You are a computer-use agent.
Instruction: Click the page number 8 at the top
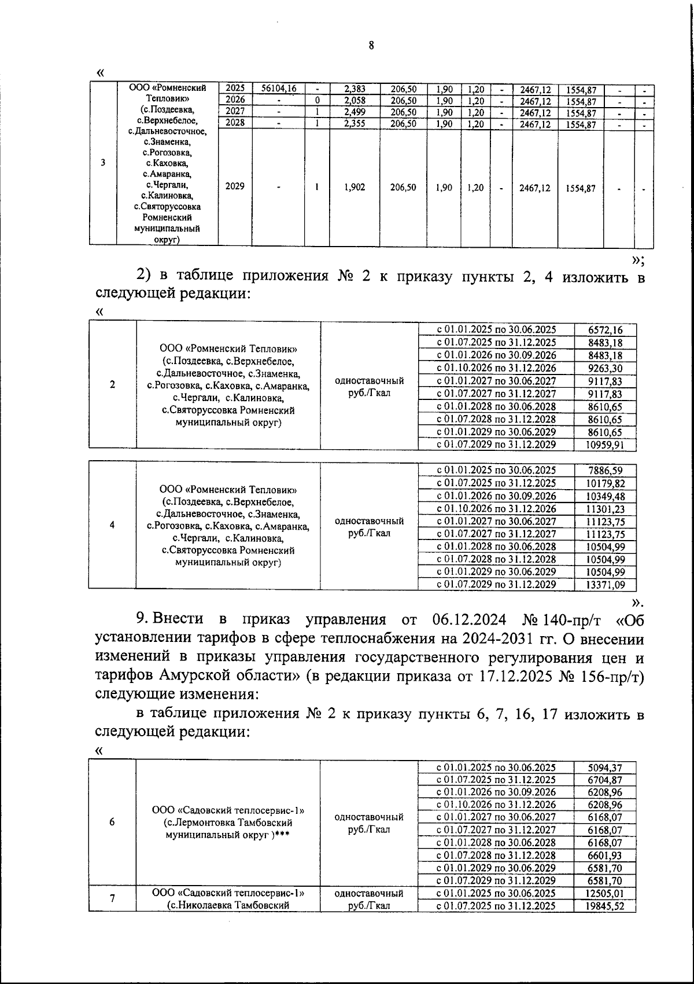371,46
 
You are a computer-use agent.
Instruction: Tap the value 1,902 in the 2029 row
354,188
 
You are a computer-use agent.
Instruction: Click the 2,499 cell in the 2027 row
354,112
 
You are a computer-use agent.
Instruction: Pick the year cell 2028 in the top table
235,123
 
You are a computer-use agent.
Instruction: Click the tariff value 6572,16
605,330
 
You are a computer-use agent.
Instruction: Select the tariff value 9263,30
605,368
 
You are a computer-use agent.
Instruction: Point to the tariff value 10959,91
605,445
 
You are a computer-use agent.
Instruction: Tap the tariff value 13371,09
605,585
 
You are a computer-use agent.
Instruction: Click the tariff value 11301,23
605,509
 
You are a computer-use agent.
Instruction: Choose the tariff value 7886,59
605,471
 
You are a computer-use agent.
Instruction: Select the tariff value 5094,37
605,768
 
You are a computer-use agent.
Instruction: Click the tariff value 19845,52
605,906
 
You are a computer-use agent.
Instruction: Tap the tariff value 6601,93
605,856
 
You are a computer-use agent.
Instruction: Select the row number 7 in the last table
112,899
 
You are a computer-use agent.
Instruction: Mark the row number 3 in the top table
103,163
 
